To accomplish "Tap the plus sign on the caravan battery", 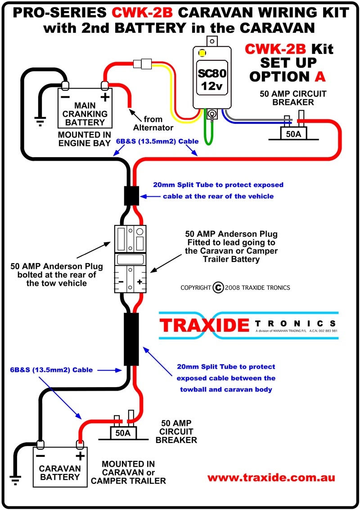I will (80, 456).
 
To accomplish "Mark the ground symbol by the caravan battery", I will (16, 481).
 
